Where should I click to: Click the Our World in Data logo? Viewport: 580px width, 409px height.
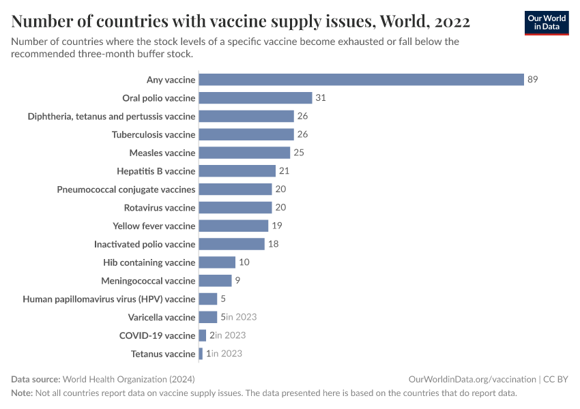(546, 22)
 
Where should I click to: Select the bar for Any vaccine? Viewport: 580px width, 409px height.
(361, 80)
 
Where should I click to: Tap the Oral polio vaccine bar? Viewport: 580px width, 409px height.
(255, 98)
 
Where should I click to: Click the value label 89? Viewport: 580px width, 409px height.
(533, 80)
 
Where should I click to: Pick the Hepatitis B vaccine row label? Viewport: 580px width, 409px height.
(156, 171)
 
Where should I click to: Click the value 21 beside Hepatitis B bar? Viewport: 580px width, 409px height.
(285, 171)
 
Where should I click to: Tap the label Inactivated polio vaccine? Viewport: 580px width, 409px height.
(145, 244)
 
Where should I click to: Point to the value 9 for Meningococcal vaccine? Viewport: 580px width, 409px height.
(237, 281)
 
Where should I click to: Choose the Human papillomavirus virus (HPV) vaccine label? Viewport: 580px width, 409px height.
(109, 299)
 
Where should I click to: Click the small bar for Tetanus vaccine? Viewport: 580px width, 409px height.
(201, 354)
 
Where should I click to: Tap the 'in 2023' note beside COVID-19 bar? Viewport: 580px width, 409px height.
(231, 335)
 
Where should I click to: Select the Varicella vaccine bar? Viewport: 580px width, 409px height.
(207, 317)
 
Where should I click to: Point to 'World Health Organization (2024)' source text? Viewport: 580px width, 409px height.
(133, 379)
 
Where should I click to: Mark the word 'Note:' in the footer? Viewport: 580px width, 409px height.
(22, 393)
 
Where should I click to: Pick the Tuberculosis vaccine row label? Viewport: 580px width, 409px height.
(154, 135)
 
